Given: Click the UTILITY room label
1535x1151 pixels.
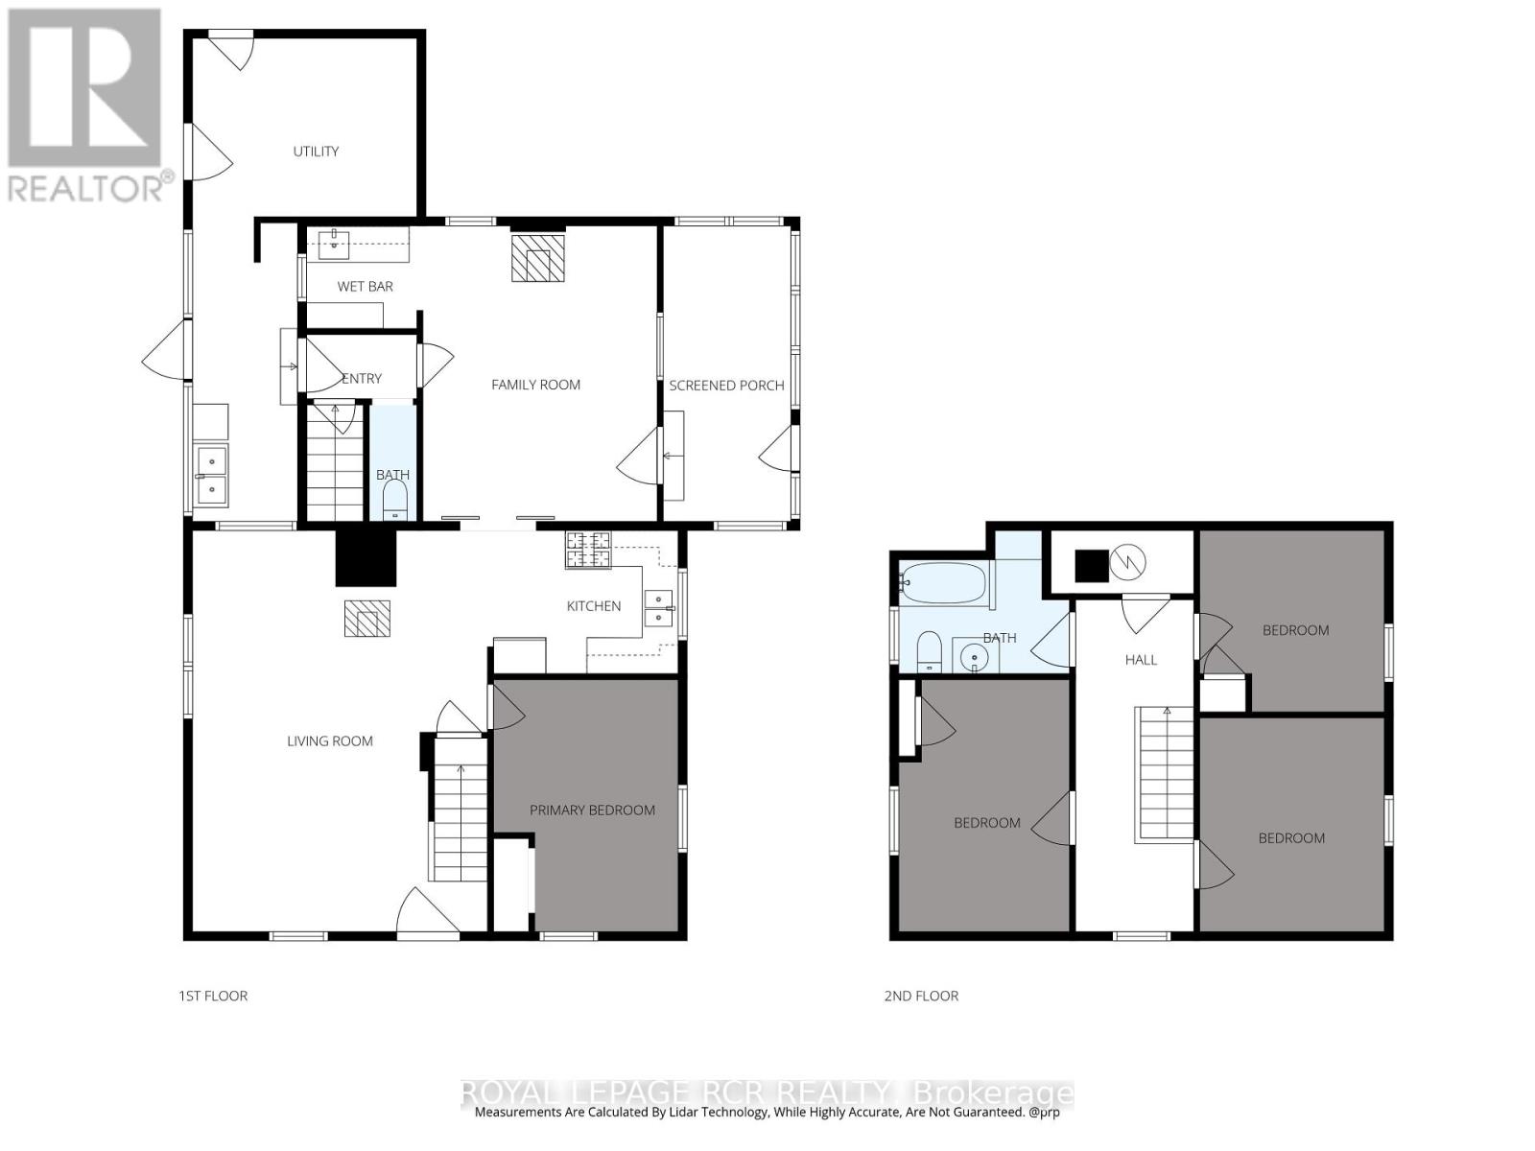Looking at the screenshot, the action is click(316, 151).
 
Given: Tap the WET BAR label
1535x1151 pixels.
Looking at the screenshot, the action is click(366, 286).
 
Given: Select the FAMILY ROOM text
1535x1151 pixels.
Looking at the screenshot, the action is click(535, 385).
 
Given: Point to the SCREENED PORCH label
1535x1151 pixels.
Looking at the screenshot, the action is click(726, 385).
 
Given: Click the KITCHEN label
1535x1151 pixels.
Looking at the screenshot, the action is click(594, 606).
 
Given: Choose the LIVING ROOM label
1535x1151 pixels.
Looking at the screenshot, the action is click(330, 740).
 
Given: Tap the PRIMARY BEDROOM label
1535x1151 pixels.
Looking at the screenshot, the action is click(592, 810).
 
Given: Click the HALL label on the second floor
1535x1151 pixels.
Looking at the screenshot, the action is click(1142, 659).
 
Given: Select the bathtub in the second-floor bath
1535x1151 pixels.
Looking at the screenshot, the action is click(945, 582).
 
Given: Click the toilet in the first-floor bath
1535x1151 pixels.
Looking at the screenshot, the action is click(396, 502).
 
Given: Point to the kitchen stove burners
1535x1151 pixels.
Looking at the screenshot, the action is click(588, 550).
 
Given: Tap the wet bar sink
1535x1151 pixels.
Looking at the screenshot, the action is click(334, 244).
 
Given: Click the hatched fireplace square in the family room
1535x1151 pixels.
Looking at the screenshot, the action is click(538, 257).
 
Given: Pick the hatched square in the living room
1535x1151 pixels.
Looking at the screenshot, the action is click(367, 619).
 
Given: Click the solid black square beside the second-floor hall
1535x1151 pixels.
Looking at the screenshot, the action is click(1092, 565).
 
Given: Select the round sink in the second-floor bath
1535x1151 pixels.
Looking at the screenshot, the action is click(974, 657).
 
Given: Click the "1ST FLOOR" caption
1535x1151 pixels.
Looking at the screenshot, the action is click(213, 996).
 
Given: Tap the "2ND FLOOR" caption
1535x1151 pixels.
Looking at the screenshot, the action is click(922, 996).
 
